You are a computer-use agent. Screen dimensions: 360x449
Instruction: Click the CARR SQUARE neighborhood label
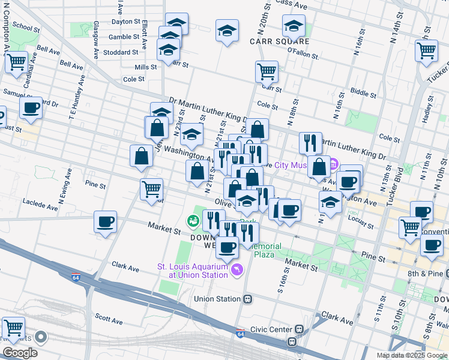click(280, 41)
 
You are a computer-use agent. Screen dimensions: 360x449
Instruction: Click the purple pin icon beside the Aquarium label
click(237, 271)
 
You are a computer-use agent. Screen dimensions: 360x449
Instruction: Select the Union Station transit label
click(217, 298)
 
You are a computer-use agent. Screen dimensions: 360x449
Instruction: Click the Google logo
click(20, 352)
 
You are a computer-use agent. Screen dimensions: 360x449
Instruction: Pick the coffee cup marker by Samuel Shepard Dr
click(31, 108)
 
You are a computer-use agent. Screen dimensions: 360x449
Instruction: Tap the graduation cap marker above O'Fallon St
click(294, 25)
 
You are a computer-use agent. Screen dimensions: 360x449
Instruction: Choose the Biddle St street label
click(363, 92)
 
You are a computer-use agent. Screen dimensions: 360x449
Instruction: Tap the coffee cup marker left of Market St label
click(106, 222)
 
